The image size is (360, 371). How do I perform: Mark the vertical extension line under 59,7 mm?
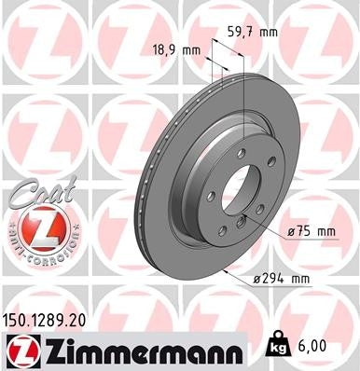pos(244,84)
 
